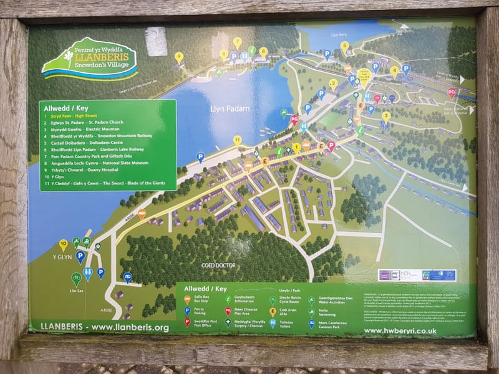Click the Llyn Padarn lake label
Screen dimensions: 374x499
[230, 108]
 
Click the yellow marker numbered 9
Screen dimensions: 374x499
[179, 57]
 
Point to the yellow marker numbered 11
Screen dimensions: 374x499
[237, 140]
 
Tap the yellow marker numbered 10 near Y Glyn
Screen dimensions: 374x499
[63, 244]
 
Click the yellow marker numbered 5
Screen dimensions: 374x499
[344, 46]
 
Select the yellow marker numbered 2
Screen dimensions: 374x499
[386, 116]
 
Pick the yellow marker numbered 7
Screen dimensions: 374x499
[237, 42]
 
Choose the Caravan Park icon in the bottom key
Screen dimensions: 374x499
[311, 324]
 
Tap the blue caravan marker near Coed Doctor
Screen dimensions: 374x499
[127, 276]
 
